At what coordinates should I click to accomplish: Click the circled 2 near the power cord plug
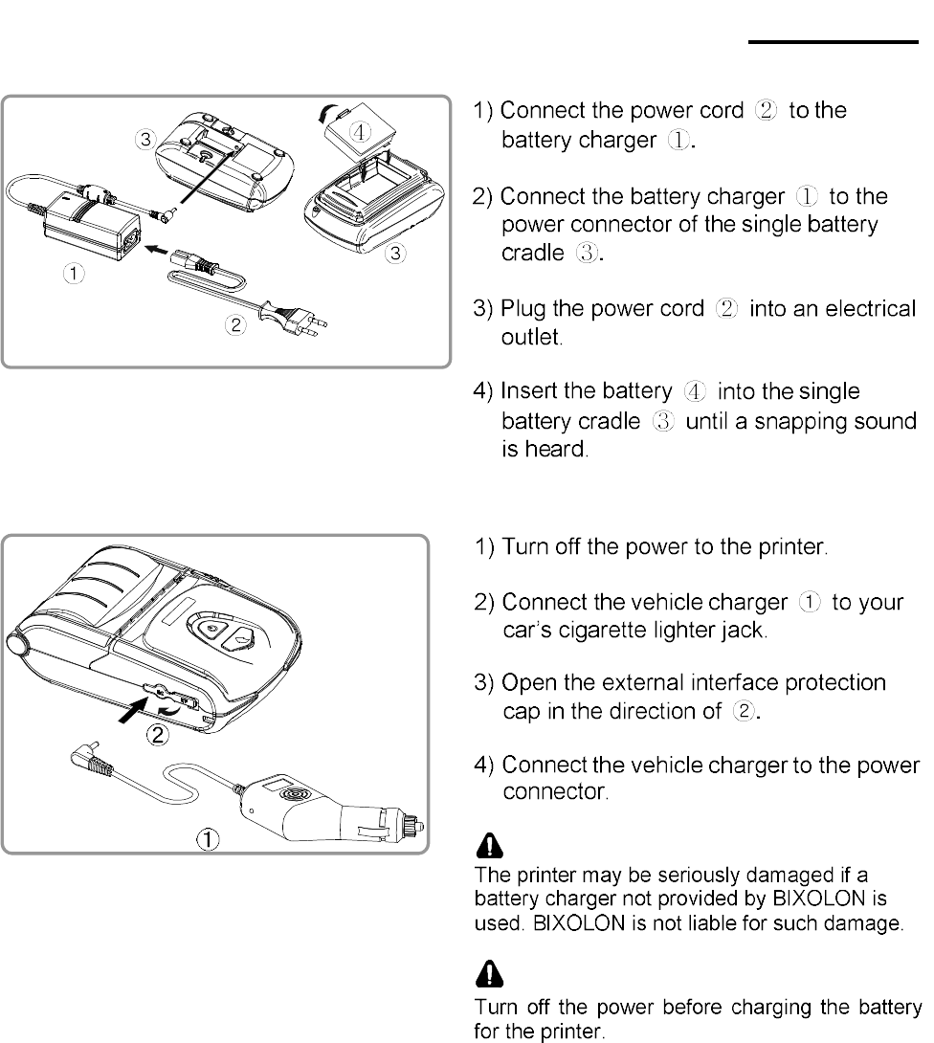pyautogui.click(x=233, y=324)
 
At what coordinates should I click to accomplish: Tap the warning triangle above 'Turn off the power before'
pyautogui.click(x=490, y=974)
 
